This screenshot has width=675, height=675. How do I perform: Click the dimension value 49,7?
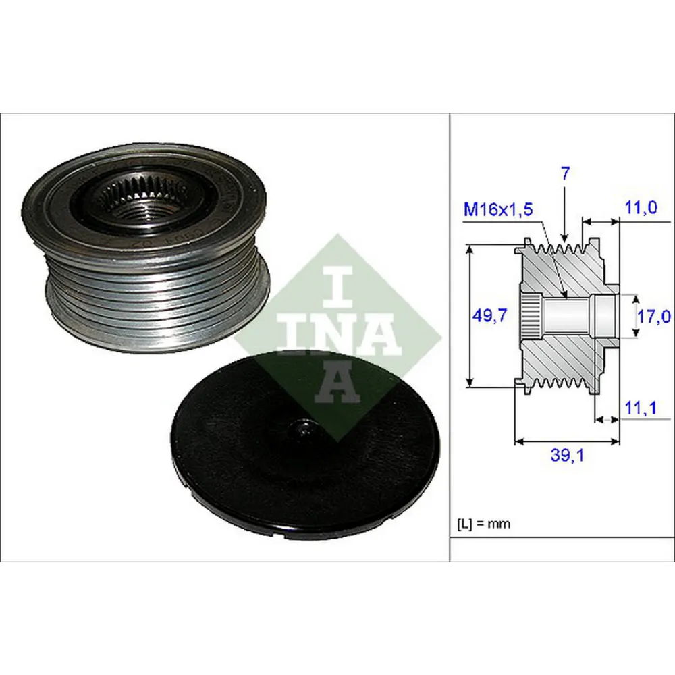[x=489, y=316]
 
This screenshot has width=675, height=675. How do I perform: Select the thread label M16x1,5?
[x=498, y=210]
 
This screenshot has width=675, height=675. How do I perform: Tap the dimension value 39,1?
[x=568, y=455]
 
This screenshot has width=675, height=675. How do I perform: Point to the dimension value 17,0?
[x=653, y=317]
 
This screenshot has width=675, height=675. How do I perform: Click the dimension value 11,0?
[x=641, y=208]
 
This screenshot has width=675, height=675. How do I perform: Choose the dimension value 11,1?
[x=641, y=408]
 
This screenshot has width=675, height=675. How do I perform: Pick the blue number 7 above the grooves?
[x=565, y=173]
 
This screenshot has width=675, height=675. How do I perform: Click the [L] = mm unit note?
[x=483, y=524]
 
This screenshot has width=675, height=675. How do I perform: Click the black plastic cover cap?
[x=305, y=444]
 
